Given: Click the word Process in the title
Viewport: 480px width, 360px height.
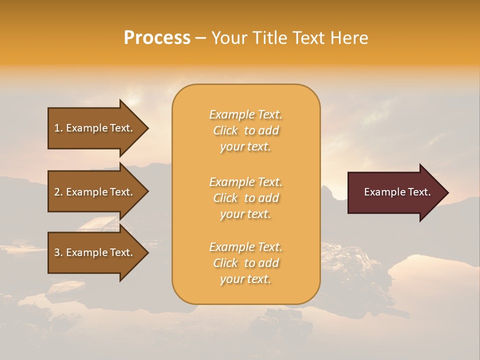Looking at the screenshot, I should pos(157,38).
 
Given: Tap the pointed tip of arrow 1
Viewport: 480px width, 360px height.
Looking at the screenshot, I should pos(147,128).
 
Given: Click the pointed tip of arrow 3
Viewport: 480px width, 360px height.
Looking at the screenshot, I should pos(147,252).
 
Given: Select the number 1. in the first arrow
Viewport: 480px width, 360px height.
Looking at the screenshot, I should pos(58,128).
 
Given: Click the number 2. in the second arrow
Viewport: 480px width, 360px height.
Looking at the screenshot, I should pos(58,192).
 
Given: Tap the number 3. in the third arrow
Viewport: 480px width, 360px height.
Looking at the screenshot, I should pos(58,252).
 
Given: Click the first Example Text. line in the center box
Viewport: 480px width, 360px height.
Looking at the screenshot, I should pos(245,115).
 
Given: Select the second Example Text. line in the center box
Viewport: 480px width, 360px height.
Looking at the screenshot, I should pos(245,182).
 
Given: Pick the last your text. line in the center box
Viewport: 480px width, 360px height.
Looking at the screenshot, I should pos(245,279).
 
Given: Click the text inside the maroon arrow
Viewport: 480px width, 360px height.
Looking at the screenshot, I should pos(397,192).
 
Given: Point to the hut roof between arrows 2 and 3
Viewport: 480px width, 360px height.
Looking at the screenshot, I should pos(100,223).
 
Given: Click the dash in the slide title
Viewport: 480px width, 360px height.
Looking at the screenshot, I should pos(200,38).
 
